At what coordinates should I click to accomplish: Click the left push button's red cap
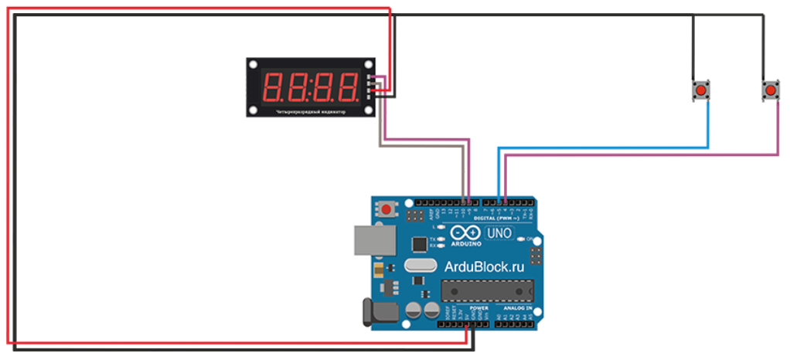(700, 92)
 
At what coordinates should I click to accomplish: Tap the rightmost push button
(770, 92)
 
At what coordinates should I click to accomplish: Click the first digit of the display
(275, 87)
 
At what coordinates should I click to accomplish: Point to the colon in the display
(312, 87)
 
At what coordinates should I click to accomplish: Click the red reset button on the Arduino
(386, 209)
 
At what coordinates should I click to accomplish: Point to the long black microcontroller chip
(487, 290)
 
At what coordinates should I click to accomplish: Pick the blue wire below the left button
(708, 124)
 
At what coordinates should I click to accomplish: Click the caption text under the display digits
(312, 112)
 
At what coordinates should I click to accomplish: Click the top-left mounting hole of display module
(254, 64)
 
